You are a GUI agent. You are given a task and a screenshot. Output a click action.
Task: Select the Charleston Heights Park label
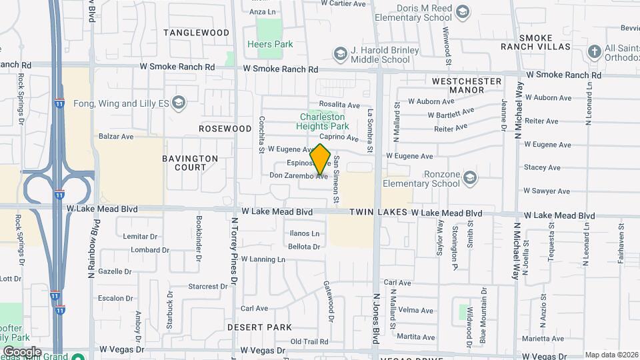point(325,121)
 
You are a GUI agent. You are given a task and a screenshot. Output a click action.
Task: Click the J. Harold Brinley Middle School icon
point(340,54)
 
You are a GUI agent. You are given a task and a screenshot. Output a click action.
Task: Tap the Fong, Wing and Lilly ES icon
point(178,103)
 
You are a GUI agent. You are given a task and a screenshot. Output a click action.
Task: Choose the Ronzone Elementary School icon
point(471,177)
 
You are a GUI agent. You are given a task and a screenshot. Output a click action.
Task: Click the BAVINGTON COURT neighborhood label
point(190,163)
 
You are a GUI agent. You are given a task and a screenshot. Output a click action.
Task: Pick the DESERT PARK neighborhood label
point(259,327)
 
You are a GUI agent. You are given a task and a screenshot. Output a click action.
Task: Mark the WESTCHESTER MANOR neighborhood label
point(466,85)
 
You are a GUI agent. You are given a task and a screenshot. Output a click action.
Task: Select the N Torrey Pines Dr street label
point(234,251)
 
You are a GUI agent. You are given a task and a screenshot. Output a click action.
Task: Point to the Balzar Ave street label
point(116,136)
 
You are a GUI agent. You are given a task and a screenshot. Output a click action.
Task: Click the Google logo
point(22,351)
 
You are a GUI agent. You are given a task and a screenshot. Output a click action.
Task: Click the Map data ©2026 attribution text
point(611,355)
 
